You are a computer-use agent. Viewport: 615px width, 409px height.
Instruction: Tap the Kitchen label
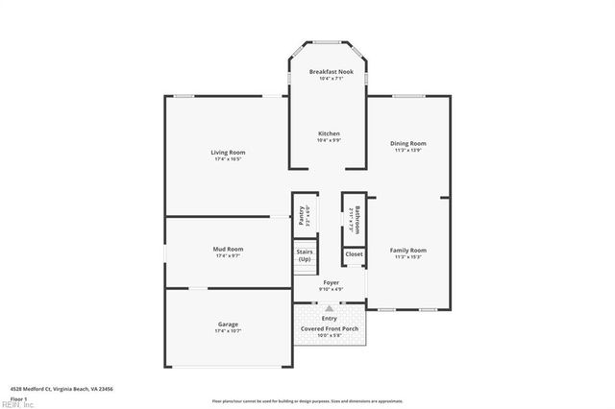(x=329, y=133)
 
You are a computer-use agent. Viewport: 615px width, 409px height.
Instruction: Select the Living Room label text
(x=228, y=153)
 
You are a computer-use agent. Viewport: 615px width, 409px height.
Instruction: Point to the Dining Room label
(x=408, y=144)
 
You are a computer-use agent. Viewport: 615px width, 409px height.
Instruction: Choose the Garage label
(x=228, y=325)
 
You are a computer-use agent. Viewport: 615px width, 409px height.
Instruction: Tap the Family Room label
(x=408, y=251)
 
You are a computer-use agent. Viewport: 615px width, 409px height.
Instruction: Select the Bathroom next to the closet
(x=355, y=219)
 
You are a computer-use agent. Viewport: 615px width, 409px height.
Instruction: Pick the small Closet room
(x=354, y=254)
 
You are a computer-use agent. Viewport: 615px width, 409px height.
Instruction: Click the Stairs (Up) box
(x=305, y=256)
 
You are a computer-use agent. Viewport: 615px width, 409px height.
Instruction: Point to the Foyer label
(x=330, y=282)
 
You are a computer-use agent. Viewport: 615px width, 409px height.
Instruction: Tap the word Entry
(x=330, y=318)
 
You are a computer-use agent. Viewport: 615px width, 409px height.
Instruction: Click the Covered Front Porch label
(x=330, y=329)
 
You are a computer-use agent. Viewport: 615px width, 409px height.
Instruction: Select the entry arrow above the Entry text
(x=330, y=308)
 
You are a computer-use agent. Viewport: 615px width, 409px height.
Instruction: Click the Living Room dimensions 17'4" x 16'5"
(x=228, y=158)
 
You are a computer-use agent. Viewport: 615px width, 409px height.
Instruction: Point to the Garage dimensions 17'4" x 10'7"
(x=228, y=331)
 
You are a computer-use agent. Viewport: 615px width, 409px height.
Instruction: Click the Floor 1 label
(x=18, y=397)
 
